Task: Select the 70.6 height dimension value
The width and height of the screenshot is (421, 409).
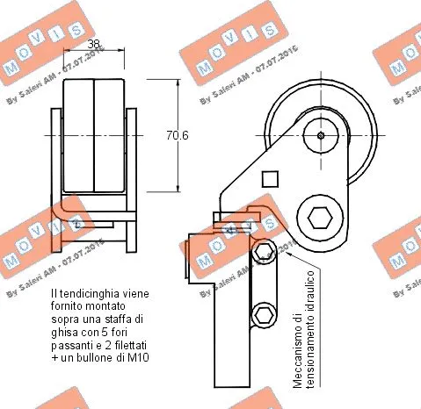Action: (x=178, y=134)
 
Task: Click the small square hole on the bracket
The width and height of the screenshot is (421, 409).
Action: (x=271, y=179)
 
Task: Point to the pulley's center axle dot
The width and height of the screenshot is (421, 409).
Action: (x=321, y=135)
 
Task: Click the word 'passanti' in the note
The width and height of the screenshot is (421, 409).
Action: (x=72, y=347)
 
